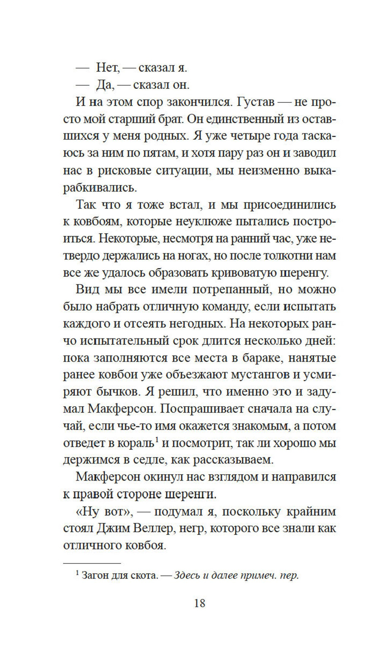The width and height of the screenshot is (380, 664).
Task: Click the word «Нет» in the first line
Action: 108,68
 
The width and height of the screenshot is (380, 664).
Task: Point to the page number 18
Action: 199,603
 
